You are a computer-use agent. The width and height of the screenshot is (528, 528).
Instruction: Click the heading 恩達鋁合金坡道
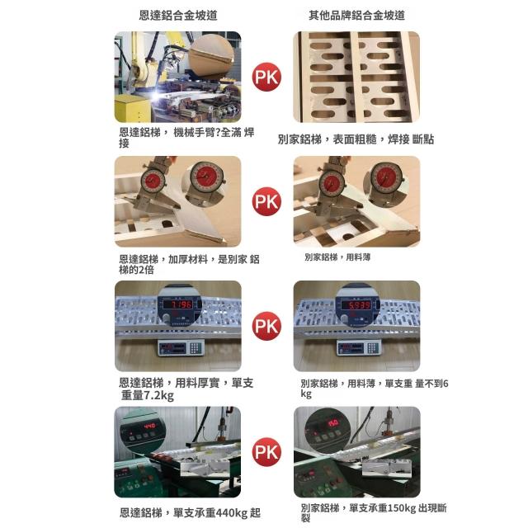coord(178,16)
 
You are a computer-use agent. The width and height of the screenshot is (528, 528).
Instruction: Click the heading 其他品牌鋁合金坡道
coord(356,16)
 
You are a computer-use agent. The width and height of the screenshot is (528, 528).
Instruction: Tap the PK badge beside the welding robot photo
coord(266,77)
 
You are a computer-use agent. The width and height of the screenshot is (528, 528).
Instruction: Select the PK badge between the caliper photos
coord(266,201)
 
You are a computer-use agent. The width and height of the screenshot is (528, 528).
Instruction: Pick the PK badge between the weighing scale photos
coord(266,326)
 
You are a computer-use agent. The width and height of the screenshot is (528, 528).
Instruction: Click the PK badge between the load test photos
coord(266,452)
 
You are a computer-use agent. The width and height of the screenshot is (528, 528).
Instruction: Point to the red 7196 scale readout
coord(177,304)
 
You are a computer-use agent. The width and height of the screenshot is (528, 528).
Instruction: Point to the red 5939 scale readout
coord(356,305)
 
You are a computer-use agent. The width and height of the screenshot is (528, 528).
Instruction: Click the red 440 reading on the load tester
coord(149,426)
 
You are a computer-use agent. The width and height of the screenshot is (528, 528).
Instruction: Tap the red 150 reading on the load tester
coord(333,423)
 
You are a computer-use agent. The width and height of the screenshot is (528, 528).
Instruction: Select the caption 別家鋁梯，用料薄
coord(337,257)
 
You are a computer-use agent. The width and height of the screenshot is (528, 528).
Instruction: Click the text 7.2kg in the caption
coord(159,395)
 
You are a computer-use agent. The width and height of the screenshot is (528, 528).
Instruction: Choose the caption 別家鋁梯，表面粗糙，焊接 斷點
coord(356,139)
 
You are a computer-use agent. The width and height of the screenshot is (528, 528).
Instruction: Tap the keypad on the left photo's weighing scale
coord(196,348)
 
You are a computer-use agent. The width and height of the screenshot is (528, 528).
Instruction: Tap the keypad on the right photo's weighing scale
coord(372,348)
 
